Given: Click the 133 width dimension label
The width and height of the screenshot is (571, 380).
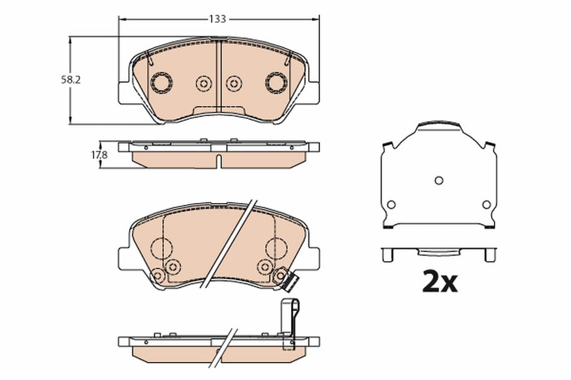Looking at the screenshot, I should pos(217,19).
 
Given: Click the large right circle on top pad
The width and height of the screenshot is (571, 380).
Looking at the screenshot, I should pos(277,82).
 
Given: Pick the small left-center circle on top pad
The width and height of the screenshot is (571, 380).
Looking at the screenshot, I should pos(204,83).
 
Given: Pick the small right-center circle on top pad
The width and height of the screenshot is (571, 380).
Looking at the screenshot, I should pos(234,83).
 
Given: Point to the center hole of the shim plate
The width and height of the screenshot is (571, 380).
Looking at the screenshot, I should pos(439,180).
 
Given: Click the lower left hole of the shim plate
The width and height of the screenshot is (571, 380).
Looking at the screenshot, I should pos(391,205).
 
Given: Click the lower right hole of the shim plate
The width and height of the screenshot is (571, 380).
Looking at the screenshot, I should pos(486,205).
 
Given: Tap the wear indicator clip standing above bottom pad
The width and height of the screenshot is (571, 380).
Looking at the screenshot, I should pos(290,321).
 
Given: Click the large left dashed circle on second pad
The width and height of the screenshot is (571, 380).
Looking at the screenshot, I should pos(162,248).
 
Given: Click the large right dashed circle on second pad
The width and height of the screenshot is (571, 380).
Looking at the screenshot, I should pos(278,248).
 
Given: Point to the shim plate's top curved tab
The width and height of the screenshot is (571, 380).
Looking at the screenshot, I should pos(439,125).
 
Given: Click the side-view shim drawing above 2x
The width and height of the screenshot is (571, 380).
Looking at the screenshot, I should pos(439,253).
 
